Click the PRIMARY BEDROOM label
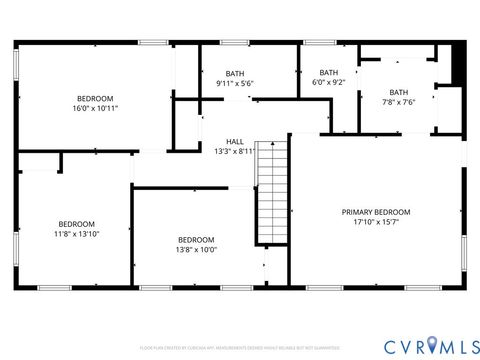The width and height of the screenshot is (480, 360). click(376, 212)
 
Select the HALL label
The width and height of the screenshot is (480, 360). click(235, 142)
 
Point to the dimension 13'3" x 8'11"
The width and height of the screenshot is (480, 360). click(235, 152)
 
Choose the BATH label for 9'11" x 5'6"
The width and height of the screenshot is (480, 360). click(235, 74)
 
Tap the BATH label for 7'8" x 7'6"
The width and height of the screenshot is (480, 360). click(398, 92)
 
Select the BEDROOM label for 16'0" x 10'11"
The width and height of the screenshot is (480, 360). click(96, 98)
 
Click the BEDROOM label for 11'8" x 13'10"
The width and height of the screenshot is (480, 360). click(76, 224)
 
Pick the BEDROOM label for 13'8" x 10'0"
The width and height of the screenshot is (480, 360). click(196, 240)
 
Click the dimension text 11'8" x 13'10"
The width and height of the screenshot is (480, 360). click(76, 234)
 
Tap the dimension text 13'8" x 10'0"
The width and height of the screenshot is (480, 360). click(196, 250)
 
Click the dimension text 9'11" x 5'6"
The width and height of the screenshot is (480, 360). click(235, 84)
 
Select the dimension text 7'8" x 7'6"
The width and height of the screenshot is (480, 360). click(398, 102)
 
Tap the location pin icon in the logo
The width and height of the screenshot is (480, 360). click(431, 344)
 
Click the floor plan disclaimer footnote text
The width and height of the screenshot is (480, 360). click(239, 348)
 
